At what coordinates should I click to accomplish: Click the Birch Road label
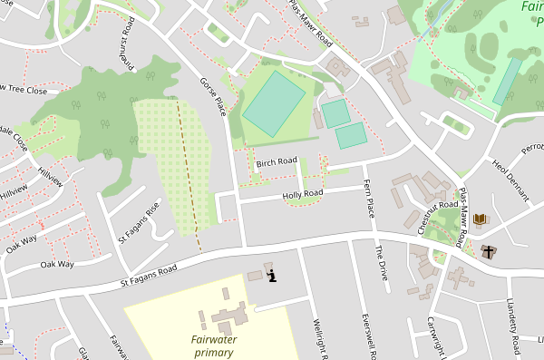click(x=277, y=162)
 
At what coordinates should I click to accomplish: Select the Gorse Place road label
click(x=212, y=96)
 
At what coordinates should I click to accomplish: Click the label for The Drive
click(x=382, y=262)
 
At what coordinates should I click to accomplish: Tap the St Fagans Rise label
click(x=138, y=222)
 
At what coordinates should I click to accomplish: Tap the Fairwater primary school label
click(x=213, y=345)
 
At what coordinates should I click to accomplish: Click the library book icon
click(x=480, y=219)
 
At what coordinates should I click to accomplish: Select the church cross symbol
click(x=490, y=251)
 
